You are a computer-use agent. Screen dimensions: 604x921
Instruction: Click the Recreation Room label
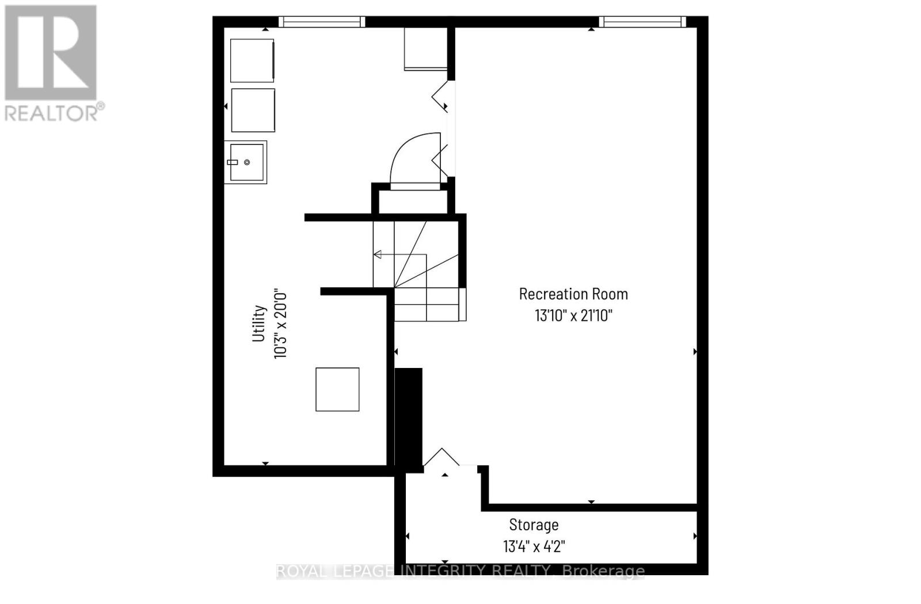(573, 294)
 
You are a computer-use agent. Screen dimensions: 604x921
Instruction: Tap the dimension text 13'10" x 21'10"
(573, 316)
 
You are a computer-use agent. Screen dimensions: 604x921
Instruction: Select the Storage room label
(534, 525)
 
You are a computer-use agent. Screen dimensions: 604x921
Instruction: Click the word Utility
(259, 323)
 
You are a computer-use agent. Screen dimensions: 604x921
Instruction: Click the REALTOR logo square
(51, 53)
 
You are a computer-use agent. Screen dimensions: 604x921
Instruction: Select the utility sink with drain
(246, 162)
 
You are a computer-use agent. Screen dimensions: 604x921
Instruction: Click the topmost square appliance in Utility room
(252, 60)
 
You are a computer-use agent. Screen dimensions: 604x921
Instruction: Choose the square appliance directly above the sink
(253, 110)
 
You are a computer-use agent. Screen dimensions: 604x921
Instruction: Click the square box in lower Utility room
(337, 389)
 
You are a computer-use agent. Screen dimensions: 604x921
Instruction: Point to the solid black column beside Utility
(409, 419)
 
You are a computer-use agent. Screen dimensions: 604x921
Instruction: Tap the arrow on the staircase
(378, 254)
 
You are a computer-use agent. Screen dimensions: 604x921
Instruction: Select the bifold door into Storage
(442, 458)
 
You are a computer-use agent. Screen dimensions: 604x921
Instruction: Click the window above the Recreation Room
(642, 22)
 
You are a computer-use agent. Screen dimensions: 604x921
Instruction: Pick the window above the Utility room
(322, 22)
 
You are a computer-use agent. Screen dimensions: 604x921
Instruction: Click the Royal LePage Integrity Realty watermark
(461, 571)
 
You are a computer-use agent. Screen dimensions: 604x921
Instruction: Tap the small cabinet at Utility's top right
(425, 48)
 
